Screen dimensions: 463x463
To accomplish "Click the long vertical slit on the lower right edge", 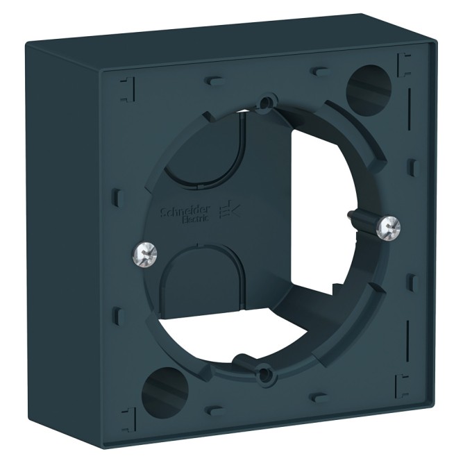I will pyautogui.click(x=407, y=319).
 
